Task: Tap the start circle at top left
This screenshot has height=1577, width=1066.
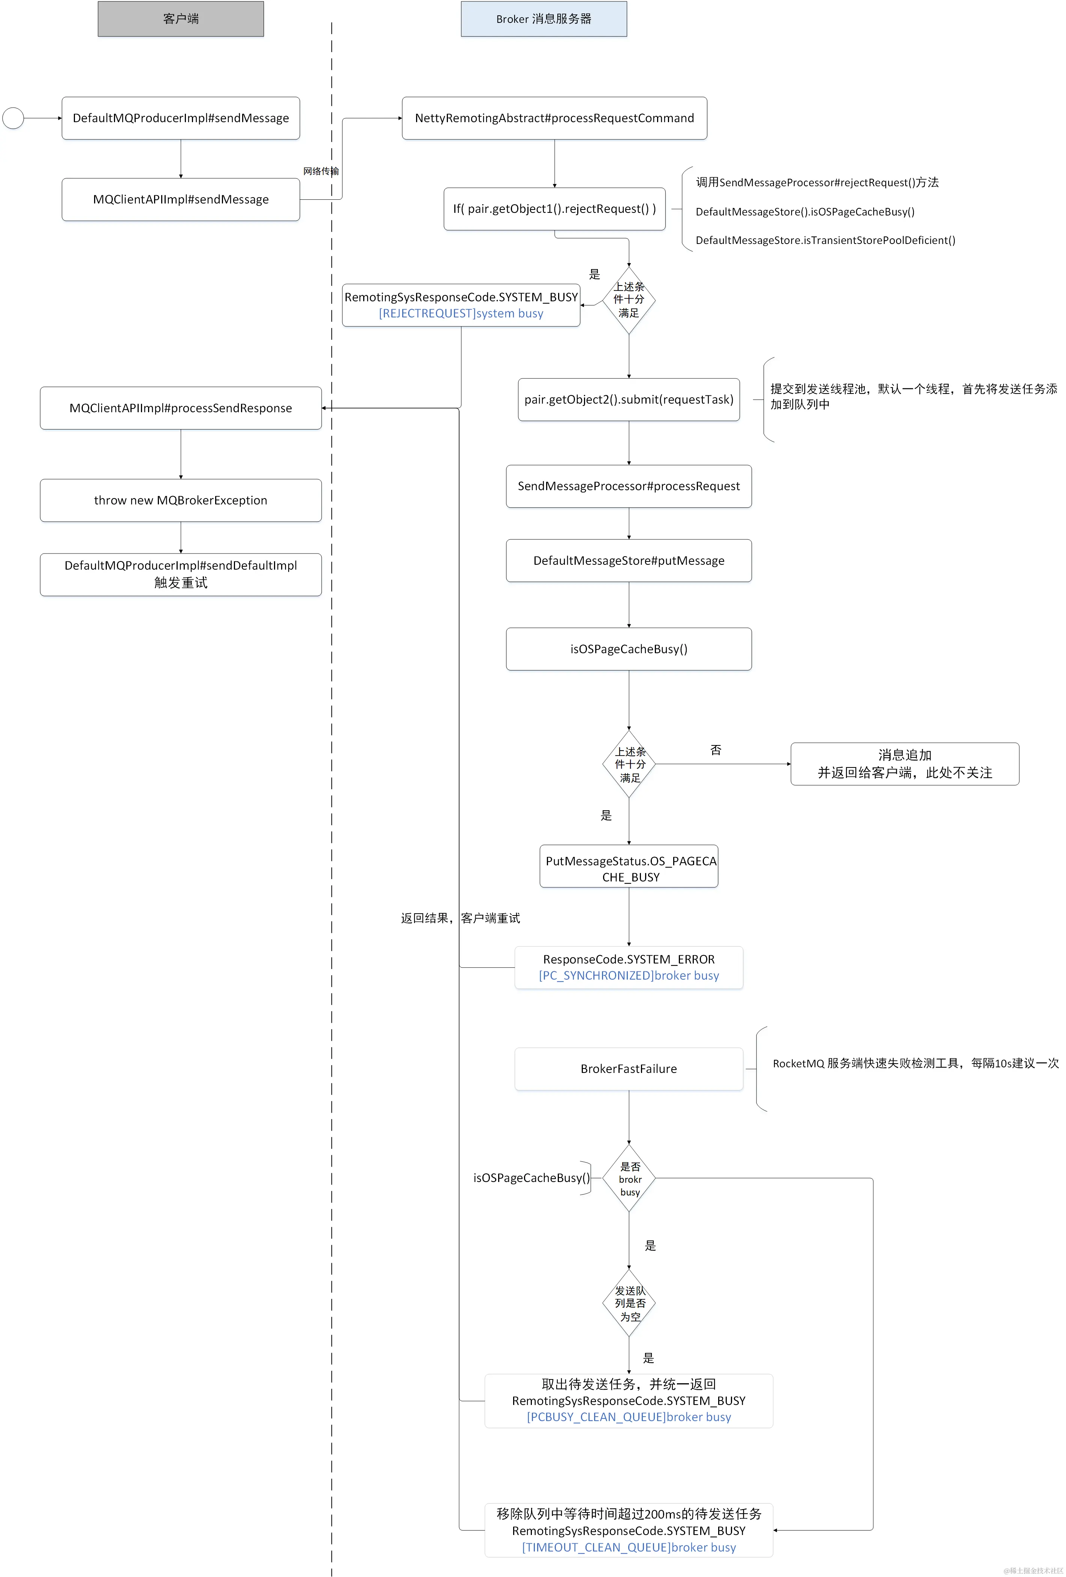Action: (x=13, y=118)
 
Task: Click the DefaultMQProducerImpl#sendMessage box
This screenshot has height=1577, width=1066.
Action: (x=181, y=118)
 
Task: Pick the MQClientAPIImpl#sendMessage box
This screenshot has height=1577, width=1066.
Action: (x=181, y=199)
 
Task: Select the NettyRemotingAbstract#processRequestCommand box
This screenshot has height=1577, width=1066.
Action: (x=554, y=118)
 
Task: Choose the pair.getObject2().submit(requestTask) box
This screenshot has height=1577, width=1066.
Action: (x=628, y=399)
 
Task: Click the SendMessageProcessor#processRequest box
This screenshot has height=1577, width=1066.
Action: (x=628, y=486)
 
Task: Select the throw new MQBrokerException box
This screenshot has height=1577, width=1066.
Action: (x=181, y=500)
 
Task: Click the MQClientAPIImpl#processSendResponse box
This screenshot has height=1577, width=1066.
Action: (x=181, y=408)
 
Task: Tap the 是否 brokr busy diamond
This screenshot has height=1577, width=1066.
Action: (x=629, y=1179)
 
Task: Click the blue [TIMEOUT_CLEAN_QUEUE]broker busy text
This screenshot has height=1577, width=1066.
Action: (x=628, y=1547)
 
